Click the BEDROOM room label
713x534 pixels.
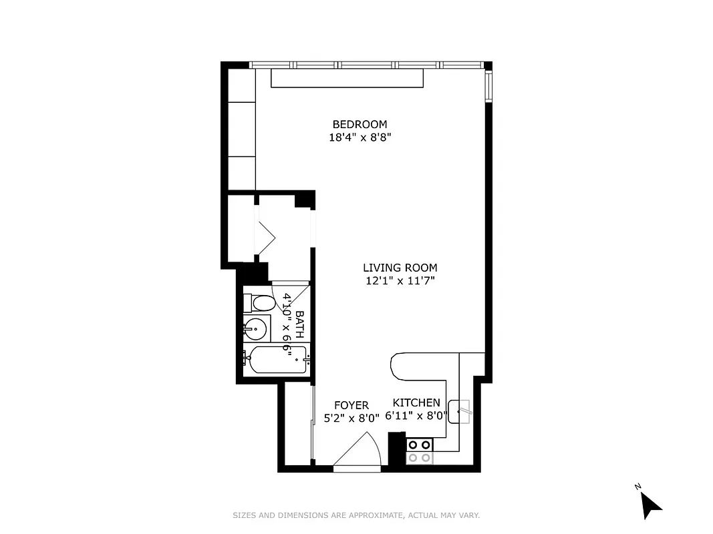point(360,124)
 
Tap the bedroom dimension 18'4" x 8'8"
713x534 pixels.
point(360,138)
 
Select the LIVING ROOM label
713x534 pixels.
point(400,268)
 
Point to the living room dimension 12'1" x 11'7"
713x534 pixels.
point(400,281)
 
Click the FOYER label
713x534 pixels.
point(351,406)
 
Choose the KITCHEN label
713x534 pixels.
point(416,403)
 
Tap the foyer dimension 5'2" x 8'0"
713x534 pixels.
point(351,419)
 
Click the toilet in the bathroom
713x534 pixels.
point(259,303)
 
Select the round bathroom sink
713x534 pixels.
point(255,328)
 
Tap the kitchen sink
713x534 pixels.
point(460,411)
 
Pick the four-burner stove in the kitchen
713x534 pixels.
point(420,451)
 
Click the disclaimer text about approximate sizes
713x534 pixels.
point(356,515)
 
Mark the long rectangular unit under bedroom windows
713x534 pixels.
point(347,78)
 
